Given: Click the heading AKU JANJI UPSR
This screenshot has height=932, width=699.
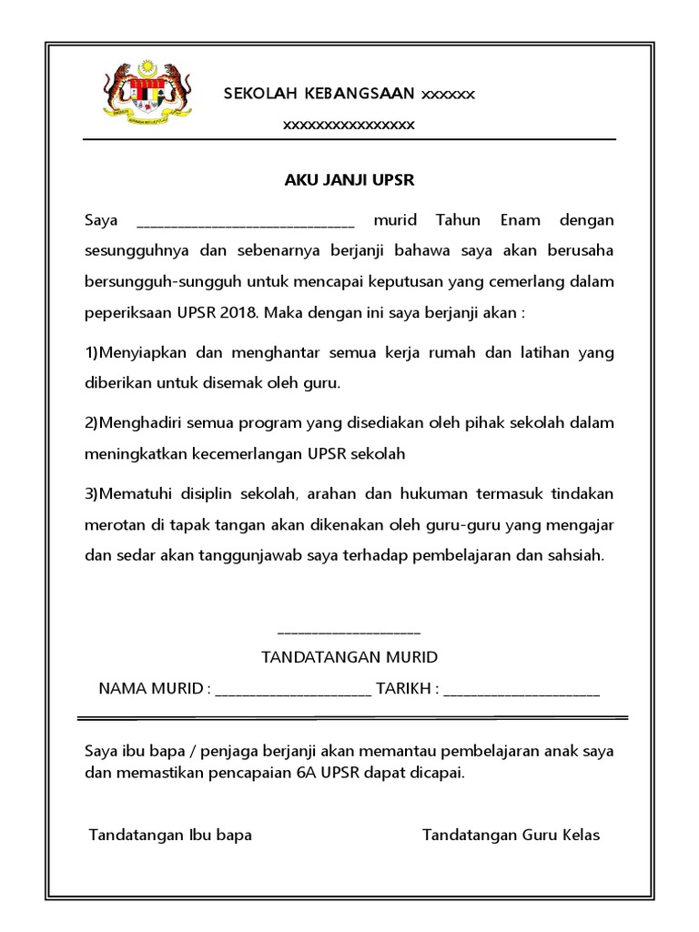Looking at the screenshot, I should [349, 180].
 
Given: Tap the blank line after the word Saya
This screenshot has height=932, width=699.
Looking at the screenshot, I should [245, 224].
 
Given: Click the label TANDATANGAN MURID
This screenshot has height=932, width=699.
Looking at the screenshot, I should [349, 657].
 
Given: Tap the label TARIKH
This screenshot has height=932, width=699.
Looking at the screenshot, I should [405, 688].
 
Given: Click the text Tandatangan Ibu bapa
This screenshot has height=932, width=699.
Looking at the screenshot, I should [170, 836].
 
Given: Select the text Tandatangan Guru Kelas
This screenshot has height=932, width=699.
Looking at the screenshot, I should [511, 836].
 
